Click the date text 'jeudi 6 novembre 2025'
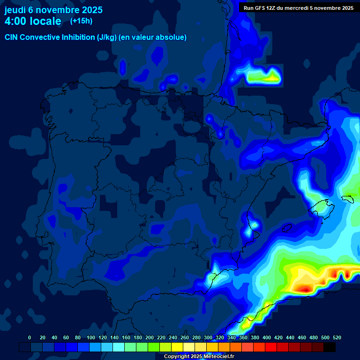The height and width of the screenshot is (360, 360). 53,10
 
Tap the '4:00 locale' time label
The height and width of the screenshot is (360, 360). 33,21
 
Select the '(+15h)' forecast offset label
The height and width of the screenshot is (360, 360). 81,21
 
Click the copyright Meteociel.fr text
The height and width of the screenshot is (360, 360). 199,357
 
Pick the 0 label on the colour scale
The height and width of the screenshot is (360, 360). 30,337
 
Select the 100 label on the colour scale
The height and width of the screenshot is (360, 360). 90,337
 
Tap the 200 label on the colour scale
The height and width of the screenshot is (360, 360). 150,337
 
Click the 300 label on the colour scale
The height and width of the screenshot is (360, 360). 208,337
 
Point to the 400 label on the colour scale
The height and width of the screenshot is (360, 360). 267,337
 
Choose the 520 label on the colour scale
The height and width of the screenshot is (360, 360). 337,337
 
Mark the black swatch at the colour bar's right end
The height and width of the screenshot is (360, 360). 330,347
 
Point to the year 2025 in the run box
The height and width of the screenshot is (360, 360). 346,8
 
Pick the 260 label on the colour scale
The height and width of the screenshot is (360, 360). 185,337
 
